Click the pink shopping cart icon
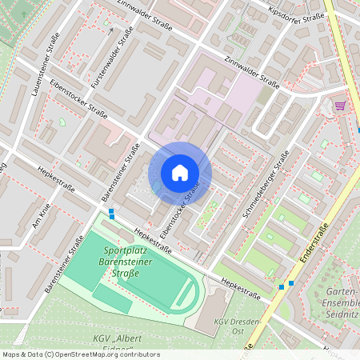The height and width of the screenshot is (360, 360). [x=340, y=106]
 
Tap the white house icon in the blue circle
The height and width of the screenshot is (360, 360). [x=180, y=173]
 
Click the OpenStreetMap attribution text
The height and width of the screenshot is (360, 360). [x=81, y=354]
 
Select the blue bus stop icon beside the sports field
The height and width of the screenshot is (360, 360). [x=112, y=214]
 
